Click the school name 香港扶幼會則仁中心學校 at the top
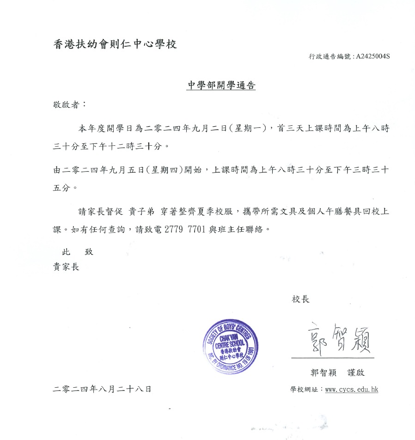click(115, 44)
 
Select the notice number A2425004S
click(373, 56)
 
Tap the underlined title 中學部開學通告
click(221, 86)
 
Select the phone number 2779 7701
click(184, 229)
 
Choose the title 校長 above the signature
click(300, 299)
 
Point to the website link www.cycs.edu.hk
click(351, 390)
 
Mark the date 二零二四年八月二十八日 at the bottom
click(102, 389)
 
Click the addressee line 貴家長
click(66, 267)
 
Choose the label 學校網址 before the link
click(304, 390)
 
